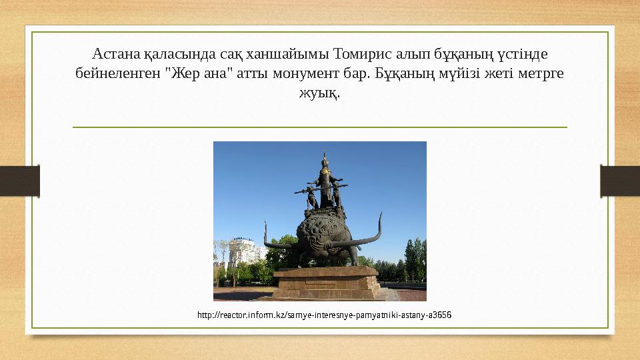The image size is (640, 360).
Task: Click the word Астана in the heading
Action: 114,53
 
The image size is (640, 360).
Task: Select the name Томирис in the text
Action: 359,53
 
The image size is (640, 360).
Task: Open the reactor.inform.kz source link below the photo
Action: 325,313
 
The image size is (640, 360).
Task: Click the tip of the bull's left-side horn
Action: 265,223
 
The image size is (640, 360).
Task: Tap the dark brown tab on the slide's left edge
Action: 19,181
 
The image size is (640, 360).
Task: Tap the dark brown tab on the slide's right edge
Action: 620,181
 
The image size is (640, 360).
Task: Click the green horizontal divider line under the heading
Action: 319,127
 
